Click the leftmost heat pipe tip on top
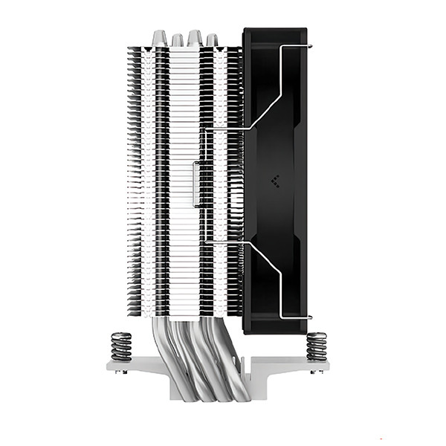coord(158,38)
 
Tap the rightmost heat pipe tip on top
coord(212,39)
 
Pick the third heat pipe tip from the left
coord(195,37)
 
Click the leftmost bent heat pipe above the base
coord(163,349)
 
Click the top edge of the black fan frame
coord(275,31)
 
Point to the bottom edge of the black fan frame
coord(275,332)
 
